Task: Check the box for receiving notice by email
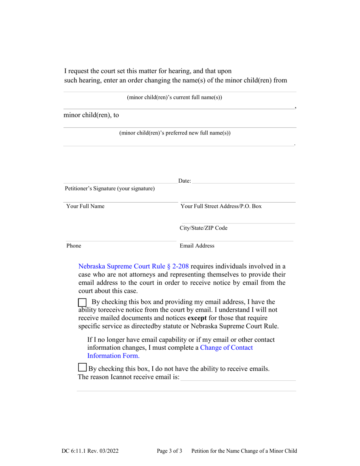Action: (82, 302)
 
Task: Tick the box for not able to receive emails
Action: (81, 367)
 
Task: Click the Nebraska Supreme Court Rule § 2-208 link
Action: (133, 266)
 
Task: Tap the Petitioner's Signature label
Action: (110, 188)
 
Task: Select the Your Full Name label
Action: (85, 206)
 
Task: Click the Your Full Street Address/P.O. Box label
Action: (221, 206)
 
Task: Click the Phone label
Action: (74, 246)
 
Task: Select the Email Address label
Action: (197, 246)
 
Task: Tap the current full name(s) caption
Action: (174, 97)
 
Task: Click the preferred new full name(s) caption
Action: (175, 133)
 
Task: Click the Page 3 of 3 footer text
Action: (169, 451)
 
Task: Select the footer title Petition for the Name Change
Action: (244, 451)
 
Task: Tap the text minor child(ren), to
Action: (91, 116)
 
